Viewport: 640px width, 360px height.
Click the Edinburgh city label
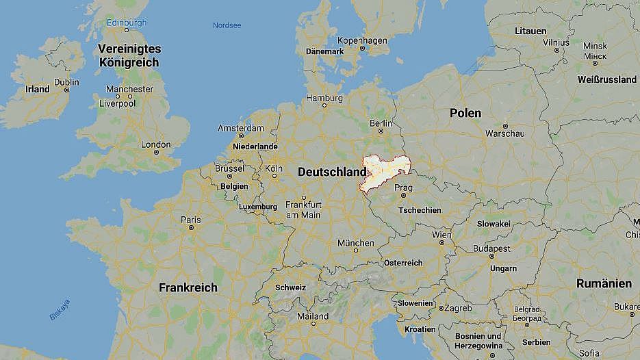coord(126,23)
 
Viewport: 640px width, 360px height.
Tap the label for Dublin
coord(66,82)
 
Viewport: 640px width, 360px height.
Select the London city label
coord(156,144)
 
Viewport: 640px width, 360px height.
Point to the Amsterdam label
coord(240,128)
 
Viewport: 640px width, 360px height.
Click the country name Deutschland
coord(332,172)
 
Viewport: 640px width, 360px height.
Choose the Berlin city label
coord(381,123)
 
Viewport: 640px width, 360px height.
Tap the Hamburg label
coord(324,98)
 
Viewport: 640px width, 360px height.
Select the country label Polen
coord(465,113)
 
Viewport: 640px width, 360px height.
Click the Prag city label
coord(403,188)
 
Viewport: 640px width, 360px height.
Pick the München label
coord(355,243)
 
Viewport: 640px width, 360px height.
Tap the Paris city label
coord(190,220)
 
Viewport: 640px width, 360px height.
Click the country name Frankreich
coord(188,287)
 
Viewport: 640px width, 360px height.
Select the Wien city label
coord(441,235)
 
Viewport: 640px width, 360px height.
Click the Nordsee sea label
coord(227,25)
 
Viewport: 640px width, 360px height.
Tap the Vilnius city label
coord(556,42)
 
